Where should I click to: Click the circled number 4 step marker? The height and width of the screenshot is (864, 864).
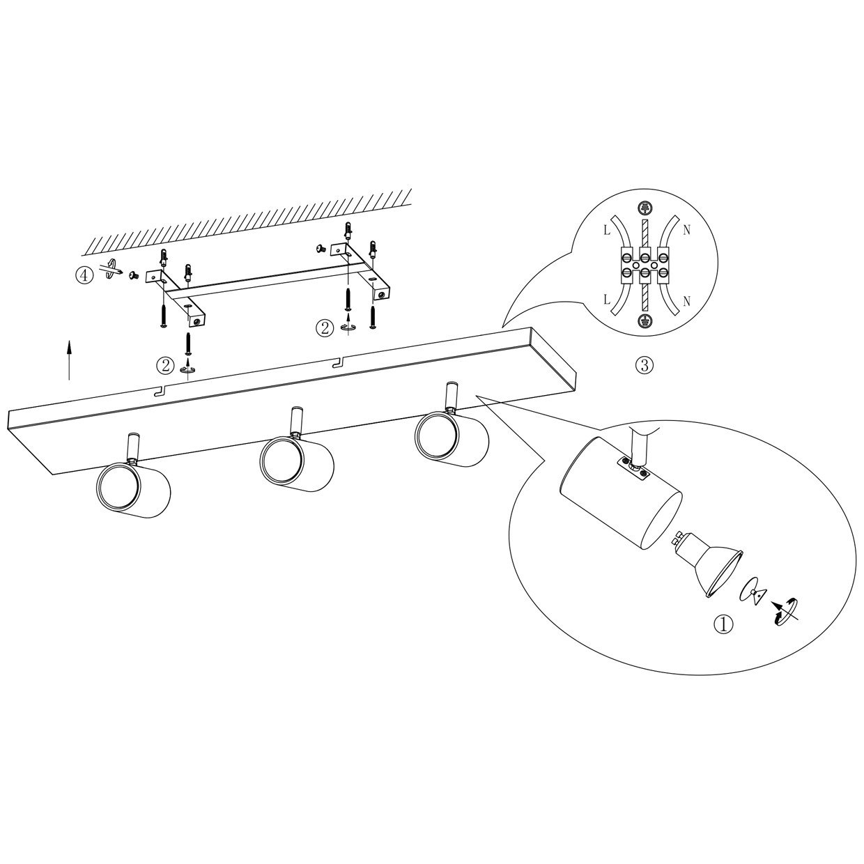(x=84, y=275)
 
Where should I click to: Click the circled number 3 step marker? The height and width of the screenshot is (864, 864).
(x=645, y=366)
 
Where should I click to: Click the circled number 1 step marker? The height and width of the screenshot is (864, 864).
(x=723, y=624)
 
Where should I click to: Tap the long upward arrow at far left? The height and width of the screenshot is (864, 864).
(x=68, y=360)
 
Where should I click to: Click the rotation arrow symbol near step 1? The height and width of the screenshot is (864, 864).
(x=784, y=612)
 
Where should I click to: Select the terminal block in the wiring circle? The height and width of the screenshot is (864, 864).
(x=644, y=265)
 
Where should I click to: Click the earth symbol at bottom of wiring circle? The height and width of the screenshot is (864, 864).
(x=644, y=321)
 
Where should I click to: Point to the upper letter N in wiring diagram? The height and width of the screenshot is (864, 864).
(x=686, y=231)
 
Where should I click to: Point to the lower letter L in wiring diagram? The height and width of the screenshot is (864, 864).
(x=607, y=300)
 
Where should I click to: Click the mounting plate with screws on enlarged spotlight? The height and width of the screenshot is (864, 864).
(x=633, y=468)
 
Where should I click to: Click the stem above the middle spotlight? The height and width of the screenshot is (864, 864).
(x=297, y=421)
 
